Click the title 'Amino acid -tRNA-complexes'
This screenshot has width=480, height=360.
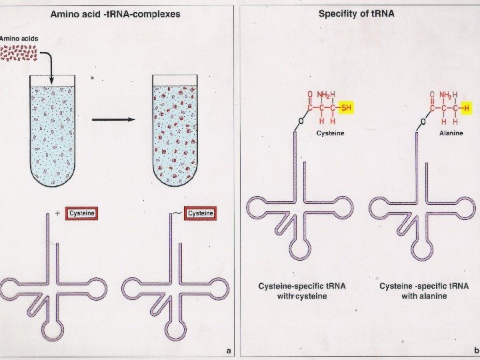click(x=115, y=14)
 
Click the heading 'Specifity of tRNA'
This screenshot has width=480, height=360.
click(x=356, y=13)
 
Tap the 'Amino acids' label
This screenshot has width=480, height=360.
click(x=19, y=39)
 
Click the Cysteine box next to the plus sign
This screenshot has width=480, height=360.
click(x=83, y=213)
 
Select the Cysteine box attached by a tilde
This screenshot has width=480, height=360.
click(x=201, y=213)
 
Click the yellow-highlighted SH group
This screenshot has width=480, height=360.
click(x=346, y=108)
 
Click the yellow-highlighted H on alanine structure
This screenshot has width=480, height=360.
click(x=467, y=108)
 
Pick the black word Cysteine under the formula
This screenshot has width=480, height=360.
click(x=330, y=133)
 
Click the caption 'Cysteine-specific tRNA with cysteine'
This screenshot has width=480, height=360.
click(x=302, y=291)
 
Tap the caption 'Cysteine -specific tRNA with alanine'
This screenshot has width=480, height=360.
click(x=424, y=291)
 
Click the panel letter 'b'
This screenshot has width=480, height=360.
click(x=476, y=350)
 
